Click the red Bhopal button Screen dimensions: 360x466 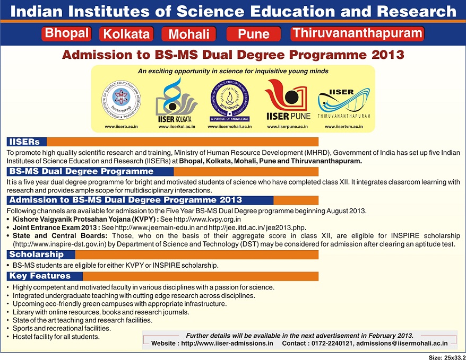[66, 33]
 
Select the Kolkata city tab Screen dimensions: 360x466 [126, 34]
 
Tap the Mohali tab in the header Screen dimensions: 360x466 [189, 34]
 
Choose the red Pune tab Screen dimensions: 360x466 [254, 34]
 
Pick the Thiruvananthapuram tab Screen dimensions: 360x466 [357, 33]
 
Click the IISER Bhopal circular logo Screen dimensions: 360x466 [122, 100]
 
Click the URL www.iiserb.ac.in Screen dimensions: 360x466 [121, 127]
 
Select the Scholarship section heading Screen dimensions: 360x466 [36, 255]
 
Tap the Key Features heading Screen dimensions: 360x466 [40, 276]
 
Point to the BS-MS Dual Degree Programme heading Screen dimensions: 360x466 [81, 172]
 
